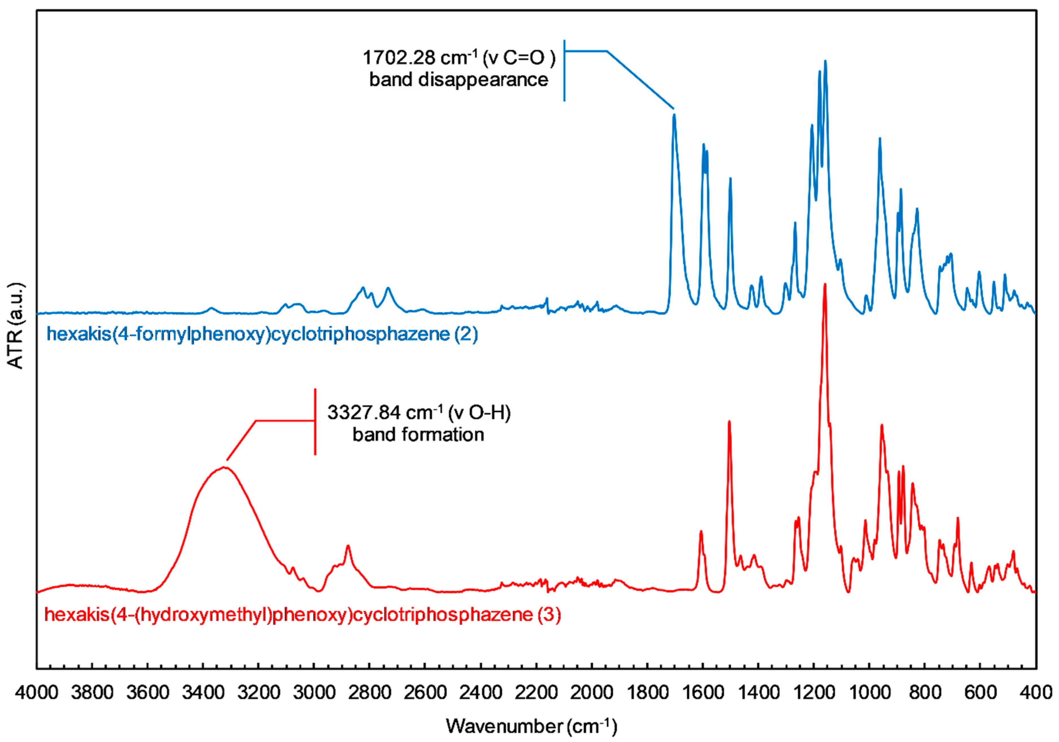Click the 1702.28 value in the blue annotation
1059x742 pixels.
(399, 58)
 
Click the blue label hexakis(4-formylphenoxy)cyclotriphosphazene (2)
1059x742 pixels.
(262, 334)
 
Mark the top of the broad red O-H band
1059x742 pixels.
(225, 467)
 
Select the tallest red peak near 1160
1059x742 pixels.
(825, 284)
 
